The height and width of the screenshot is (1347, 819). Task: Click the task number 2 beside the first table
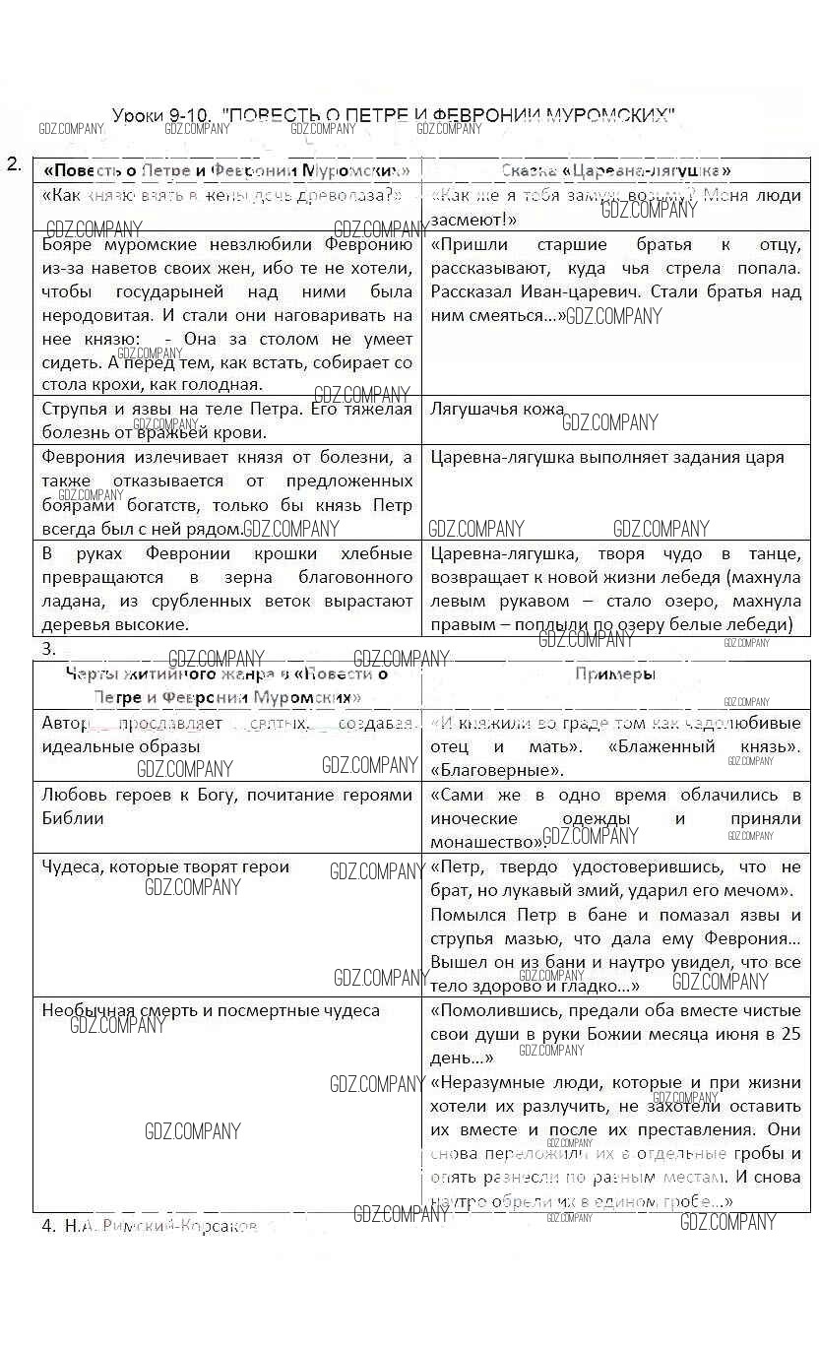click(x=14, y=164)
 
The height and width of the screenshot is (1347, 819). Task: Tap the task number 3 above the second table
click(x=49, y=649)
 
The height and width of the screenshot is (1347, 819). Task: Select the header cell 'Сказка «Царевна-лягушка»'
click(x=615, y=170)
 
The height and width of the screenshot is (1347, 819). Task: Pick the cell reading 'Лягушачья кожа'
click(x=497, y=409)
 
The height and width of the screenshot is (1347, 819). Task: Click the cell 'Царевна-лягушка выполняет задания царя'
click(x=607, y=457)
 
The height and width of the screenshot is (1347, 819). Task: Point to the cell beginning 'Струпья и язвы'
click(x=227, y=419)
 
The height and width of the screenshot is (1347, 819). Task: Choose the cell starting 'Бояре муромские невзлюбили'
click(x=227, y=314)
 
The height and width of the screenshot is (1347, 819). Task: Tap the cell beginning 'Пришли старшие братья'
click(x=615, y=280)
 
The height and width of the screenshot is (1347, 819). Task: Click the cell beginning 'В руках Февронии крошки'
click(x=227, y=589)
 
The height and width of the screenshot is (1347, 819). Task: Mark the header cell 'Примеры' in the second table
click(x=615, y=674)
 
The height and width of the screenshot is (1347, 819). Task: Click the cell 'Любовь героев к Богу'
click(x=227, y=805)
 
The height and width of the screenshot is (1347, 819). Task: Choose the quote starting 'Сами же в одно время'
click(x=615, y=817)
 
